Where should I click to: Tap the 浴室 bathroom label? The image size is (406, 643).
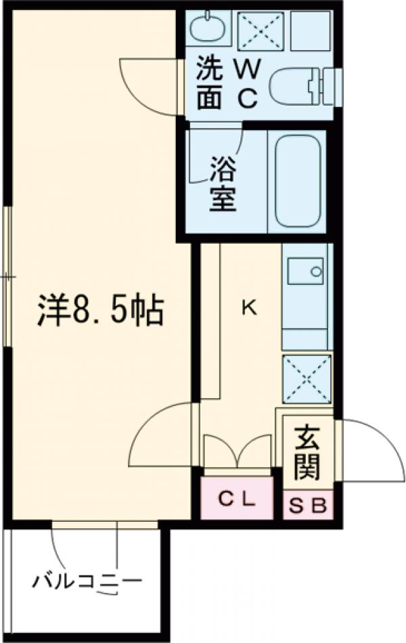pos(223,183)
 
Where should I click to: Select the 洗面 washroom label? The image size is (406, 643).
pos(209,84)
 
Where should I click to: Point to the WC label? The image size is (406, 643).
pos(248,84)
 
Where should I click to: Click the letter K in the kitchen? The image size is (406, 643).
pos(249,309)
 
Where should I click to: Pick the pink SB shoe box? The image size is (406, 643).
pos(309,505)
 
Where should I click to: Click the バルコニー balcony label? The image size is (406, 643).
pos(88,580)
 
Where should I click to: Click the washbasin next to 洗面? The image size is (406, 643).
pos(206,28)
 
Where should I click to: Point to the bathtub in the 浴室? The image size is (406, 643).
pos(297,182)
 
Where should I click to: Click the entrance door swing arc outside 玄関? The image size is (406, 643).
pos(366,450)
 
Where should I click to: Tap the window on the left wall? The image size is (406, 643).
pos(7,278)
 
